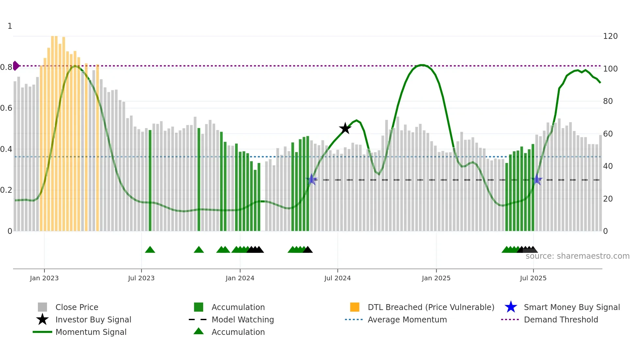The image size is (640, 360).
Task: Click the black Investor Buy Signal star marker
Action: (x=345, y=128)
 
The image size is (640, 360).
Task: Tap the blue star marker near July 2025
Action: (x=536, y=180)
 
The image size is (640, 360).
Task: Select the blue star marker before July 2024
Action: (x=312, y=179)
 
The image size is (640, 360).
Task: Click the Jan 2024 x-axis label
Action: (x=240, y=278)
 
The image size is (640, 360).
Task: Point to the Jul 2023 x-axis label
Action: (x=141, y=278)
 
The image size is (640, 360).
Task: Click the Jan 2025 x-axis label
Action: (x=436, y=278)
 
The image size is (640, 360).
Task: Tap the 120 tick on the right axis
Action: (x=610, y=36)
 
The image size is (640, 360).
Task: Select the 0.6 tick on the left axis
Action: (x=6, y=108)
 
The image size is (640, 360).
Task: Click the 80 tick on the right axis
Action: (x=608, y=101)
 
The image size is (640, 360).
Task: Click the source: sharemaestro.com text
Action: (x=577, y=256)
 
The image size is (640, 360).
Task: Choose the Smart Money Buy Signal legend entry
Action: (x=571, y=307)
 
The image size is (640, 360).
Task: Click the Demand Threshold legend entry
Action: (x=561, y=319)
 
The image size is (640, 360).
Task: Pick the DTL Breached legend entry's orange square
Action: (x=355, y=307)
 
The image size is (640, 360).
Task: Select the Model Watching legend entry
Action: (x=242, y=319)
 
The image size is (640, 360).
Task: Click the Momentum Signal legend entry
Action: (x=90, y=332)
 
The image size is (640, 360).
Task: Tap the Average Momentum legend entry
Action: (x=407, y=319)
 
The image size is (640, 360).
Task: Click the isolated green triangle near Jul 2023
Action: (x=150, y=250)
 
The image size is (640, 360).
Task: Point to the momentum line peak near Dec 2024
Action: (x=422, y=65)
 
